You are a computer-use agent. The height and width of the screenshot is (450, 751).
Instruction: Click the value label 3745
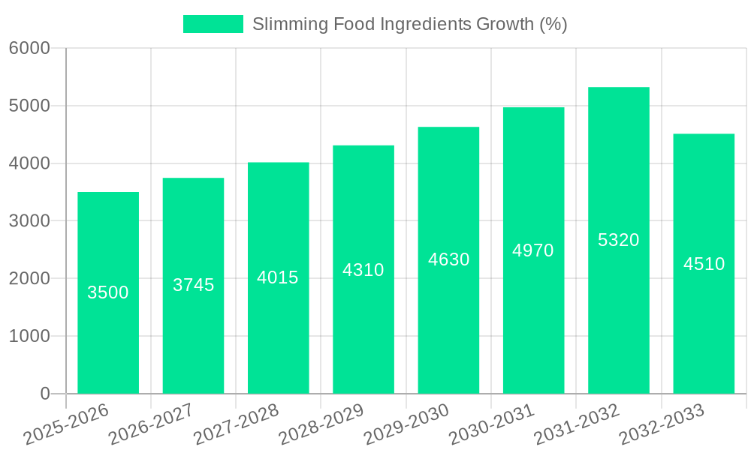(x=193, y=285)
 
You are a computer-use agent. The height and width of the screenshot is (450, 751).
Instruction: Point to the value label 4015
(x=278, y=277)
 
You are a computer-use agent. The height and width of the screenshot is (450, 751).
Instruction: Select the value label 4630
(x=448, y=259)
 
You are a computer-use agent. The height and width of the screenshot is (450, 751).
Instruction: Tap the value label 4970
(x=533, y=250)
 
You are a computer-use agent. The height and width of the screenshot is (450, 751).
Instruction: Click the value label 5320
(x=618, y=240)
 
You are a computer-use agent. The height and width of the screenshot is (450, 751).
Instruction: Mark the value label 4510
(x=704, y=264)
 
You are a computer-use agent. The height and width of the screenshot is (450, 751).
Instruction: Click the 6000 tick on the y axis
(x=29, y=49)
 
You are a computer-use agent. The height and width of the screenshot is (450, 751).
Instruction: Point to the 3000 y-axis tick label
(x=29, y=221)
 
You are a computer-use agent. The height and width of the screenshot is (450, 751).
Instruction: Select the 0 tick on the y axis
(x=44, y=394)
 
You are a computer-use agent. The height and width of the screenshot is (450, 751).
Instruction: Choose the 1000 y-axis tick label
(x=29, y=336)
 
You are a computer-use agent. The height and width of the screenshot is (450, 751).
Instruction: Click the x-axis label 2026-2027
(x=151, y=424)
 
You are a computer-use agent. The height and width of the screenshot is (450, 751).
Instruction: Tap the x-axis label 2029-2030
(x=406, y=424)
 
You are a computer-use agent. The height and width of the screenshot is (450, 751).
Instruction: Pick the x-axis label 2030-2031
(x=491, y=424)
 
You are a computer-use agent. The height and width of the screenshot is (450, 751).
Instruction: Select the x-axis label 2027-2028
(x=236, y=424)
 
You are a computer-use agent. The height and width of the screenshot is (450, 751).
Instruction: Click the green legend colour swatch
(x=213, y=24)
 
